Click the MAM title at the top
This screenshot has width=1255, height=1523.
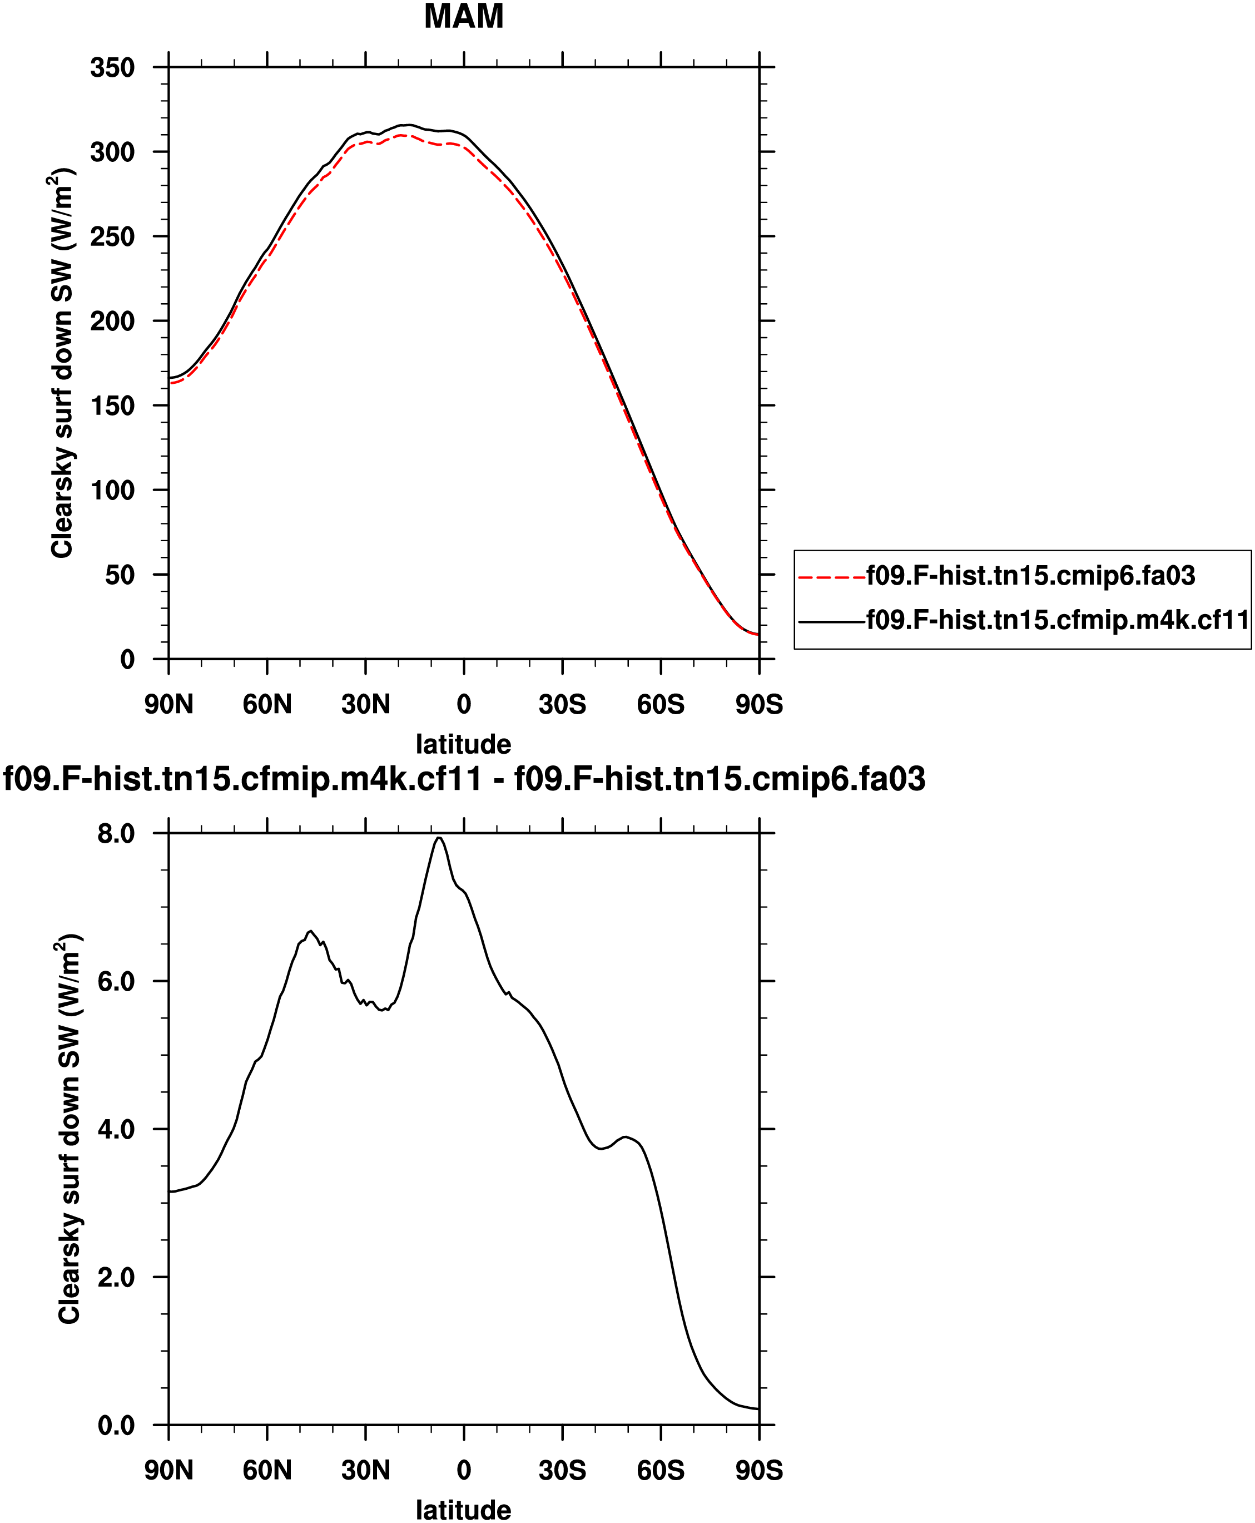[463, 17]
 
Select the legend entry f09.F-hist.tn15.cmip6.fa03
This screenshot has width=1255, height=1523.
[1031, 576]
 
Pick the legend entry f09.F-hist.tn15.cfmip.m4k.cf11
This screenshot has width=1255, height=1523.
[1058, 620]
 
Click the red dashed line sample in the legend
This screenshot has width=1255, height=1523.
[832, 577]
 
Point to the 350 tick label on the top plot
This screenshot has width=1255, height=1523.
[113, 68]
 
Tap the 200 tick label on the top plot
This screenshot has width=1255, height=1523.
[113, 321]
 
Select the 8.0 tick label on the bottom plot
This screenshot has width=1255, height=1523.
[116, 834]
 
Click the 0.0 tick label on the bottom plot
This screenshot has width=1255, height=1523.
[116, 1425]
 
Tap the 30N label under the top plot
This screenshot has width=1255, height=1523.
[365, 704]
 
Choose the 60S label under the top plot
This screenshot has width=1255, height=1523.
[660, 704]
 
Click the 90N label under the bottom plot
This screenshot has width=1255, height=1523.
[168, 1470]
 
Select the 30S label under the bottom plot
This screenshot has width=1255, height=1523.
[562, 1470]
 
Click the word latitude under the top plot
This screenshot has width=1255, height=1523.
[463, 744]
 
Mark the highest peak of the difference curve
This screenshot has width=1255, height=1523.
[439, 838]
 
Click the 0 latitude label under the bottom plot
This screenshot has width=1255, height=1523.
[463, 1470]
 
